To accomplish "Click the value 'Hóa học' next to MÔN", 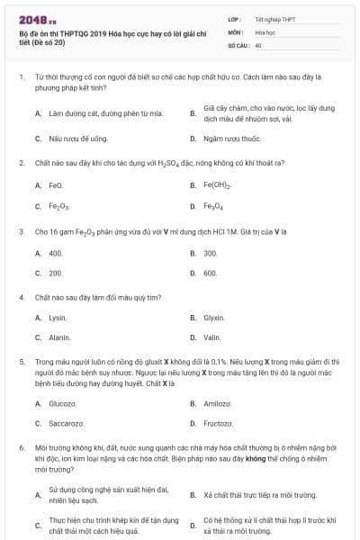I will coord(265,31).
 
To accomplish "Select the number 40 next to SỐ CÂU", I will coord(258,44).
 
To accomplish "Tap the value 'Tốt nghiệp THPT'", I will coord(275,18).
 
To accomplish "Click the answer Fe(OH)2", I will coord(218,185).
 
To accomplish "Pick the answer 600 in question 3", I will coord(211,273).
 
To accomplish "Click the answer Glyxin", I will coord(214,318).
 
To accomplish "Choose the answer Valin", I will coord(212,337).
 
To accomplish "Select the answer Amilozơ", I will coord(218,403).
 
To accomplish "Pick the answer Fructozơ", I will coord(219,423).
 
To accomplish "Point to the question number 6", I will coord(21,446).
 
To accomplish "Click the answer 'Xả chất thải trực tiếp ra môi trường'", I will coord(260,495).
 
